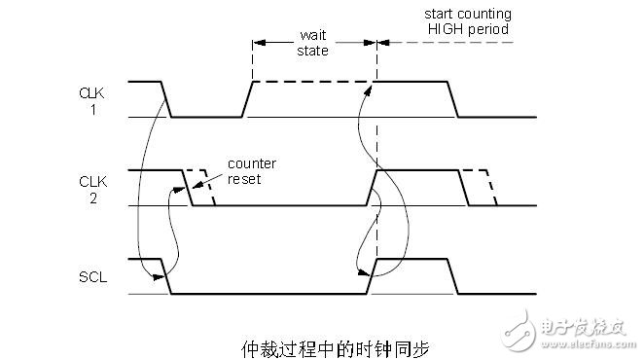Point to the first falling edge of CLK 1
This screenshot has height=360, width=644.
click(166, 100)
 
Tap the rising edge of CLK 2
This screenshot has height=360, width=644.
click(372, 188)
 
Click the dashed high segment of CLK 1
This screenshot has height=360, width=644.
click(313, 83)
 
